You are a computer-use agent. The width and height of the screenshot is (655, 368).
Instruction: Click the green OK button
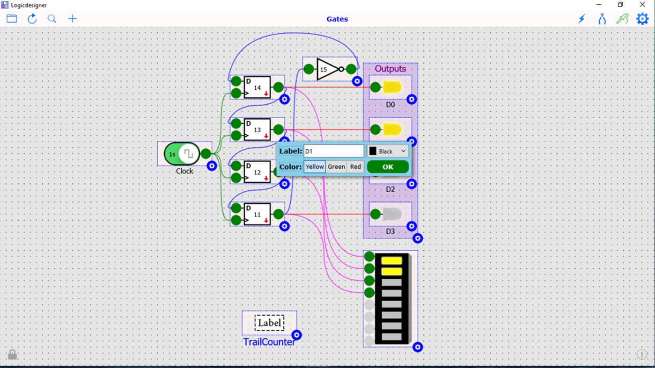click(x=388, y=167)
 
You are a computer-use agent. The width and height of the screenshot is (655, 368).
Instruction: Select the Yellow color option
click(x=315, y=167)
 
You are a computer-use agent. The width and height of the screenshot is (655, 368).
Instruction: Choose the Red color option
click(x=355, y=167)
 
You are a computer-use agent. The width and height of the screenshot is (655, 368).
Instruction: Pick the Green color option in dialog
click(x=336, y=167)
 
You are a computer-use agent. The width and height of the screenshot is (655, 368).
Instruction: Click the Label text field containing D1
click(x=333, y=151)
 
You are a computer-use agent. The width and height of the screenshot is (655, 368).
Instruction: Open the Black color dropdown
click(x=388, y=151)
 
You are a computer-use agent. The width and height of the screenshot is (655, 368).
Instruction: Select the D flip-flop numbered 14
click(x=257, y=87)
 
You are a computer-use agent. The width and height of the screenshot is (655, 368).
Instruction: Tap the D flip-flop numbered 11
click(x=257, y=214)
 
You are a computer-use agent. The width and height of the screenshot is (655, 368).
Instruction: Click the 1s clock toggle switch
click(x=182, y=154)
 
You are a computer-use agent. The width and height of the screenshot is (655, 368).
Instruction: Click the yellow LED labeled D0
click(x=392, y=87)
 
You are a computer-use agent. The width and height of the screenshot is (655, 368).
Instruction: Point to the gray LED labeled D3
click(x=392, y=214)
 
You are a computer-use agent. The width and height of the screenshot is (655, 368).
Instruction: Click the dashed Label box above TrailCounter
click(x=269, y=323)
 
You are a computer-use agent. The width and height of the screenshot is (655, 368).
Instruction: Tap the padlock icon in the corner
click(x=12, y=354)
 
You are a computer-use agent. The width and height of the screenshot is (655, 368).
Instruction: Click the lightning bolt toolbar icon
click(x=581, y=19)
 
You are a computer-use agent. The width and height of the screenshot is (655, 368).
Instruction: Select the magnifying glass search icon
click(x=52, y=19)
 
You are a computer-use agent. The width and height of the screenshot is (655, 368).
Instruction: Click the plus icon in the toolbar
click(x=73, y=19)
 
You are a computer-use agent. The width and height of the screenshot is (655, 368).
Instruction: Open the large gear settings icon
click(x=642, y=19)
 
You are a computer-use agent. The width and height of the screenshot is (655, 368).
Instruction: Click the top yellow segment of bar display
click(x=391, y=260)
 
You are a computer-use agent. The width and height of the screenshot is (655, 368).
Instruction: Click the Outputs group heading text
click(x=390, y=69)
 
